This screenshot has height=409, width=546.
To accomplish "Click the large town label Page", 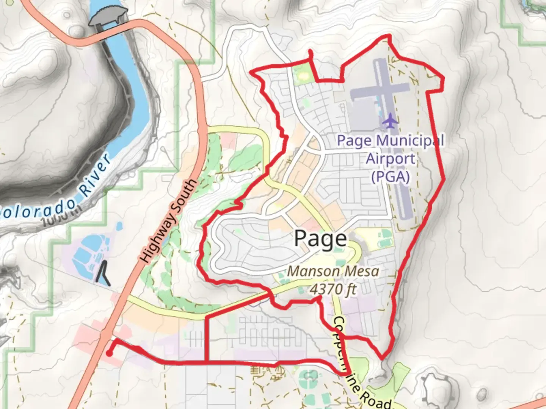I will [320, 239].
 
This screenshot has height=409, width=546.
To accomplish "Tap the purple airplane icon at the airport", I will [391, 121].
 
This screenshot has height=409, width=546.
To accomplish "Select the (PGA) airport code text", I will [391, 176].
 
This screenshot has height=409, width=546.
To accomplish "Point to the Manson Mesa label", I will [333, 271].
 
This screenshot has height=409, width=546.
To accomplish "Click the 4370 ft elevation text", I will [333, 289].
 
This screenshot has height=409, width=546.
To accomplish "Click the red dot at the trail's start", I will [109, 354].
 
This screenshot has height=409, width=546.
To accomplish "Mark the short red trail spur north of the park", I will [311, 55].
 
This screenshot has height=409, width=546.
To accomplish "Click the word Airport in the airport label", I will [391, 159].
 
